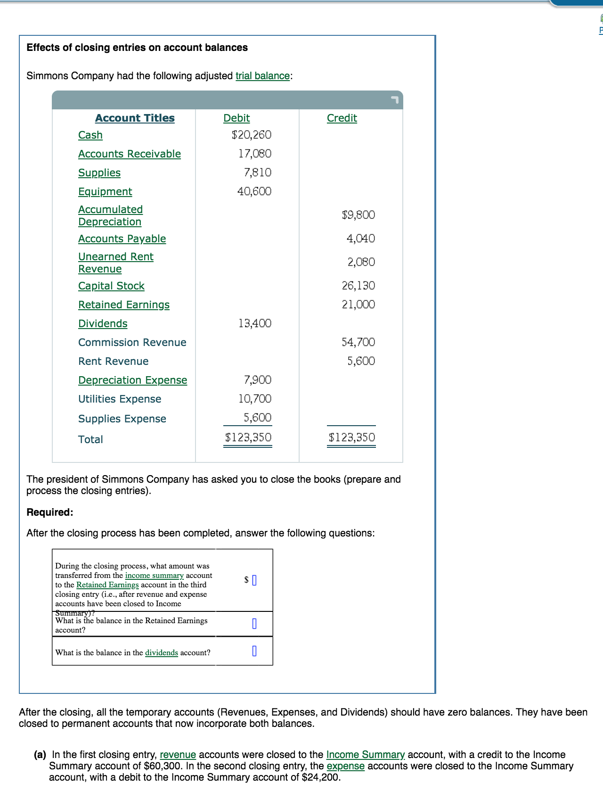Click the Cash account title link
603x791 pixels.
coord(90,135)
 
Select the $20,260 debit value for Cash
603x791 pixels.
coord(252,135)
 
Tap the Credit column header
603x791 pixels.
coord(342,118)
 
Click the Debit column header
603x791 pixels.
coord(236,118)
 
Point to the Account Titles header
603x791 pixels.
coord(135,118)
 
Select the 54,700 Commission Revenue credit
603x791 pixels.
coord(358,342)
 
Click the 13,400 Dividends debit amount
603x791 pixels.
coord(254,323)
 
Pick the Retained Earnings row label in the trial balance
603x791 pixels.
coord(123,305)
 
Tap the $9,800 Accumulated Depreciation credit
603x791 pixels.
coord(358,215)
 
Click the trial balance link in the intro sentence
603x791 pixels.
coord(262,76)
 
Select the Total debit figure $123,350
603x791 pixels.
coord(248,437)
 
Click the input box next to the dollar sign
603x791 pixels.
coord(254,580)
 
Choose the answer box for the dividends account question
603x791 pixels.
coord(254,651)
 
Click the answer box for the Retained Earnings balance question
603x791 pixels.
coord(254,624)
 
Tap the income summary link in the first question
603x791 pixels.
coord(154,576)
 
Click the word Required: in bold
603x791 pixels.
coord(50,512)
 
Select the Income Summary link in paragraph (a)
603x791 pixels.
coord(365,755)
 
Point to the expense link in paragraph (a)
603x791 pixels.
coord(345,766)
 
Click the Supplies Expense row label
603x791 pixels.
coord(122,419)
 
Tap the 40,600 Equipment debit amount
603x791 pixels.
coord(254,191)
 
